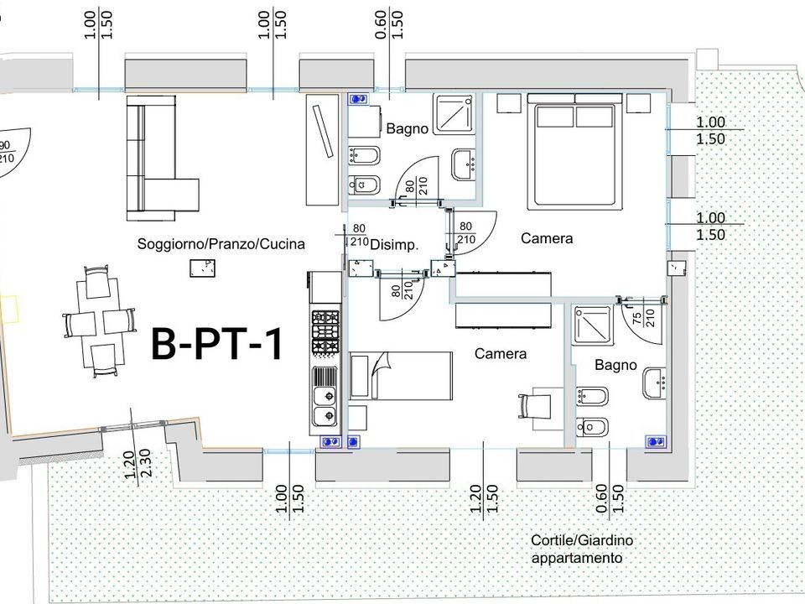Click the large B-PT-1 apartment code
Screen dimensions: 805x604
[217, 344]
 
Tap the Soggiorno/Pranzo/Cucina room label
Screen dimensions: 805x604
[221, 244]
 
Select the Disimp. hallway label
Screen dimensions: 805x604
[394, 245]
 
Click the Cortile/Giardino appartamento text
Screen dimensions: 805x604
[582, 549]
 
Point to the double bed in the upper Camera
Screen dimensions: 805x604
[575, 152]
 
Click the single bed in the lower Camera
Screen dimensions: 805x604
[401, 376]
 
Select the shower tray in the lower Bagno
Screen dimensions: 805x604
[594, 325]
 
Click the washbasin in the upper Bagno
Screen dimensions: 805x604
[464, 165]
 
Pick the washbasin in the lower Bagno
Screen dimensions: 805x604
[655, 383]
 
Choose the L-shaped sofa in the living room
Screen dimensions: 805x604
[162, 159]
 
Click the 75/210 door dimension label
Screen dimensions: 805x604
[643, 319]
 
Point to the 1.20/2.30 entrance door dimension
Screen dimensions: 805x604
[138, 464]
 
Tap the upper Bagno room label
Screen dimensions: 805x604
[408, 128]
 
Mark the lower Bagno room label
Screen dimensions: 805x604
[615, 365]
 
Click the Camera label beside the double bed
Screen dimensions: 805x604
[547, 238]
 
